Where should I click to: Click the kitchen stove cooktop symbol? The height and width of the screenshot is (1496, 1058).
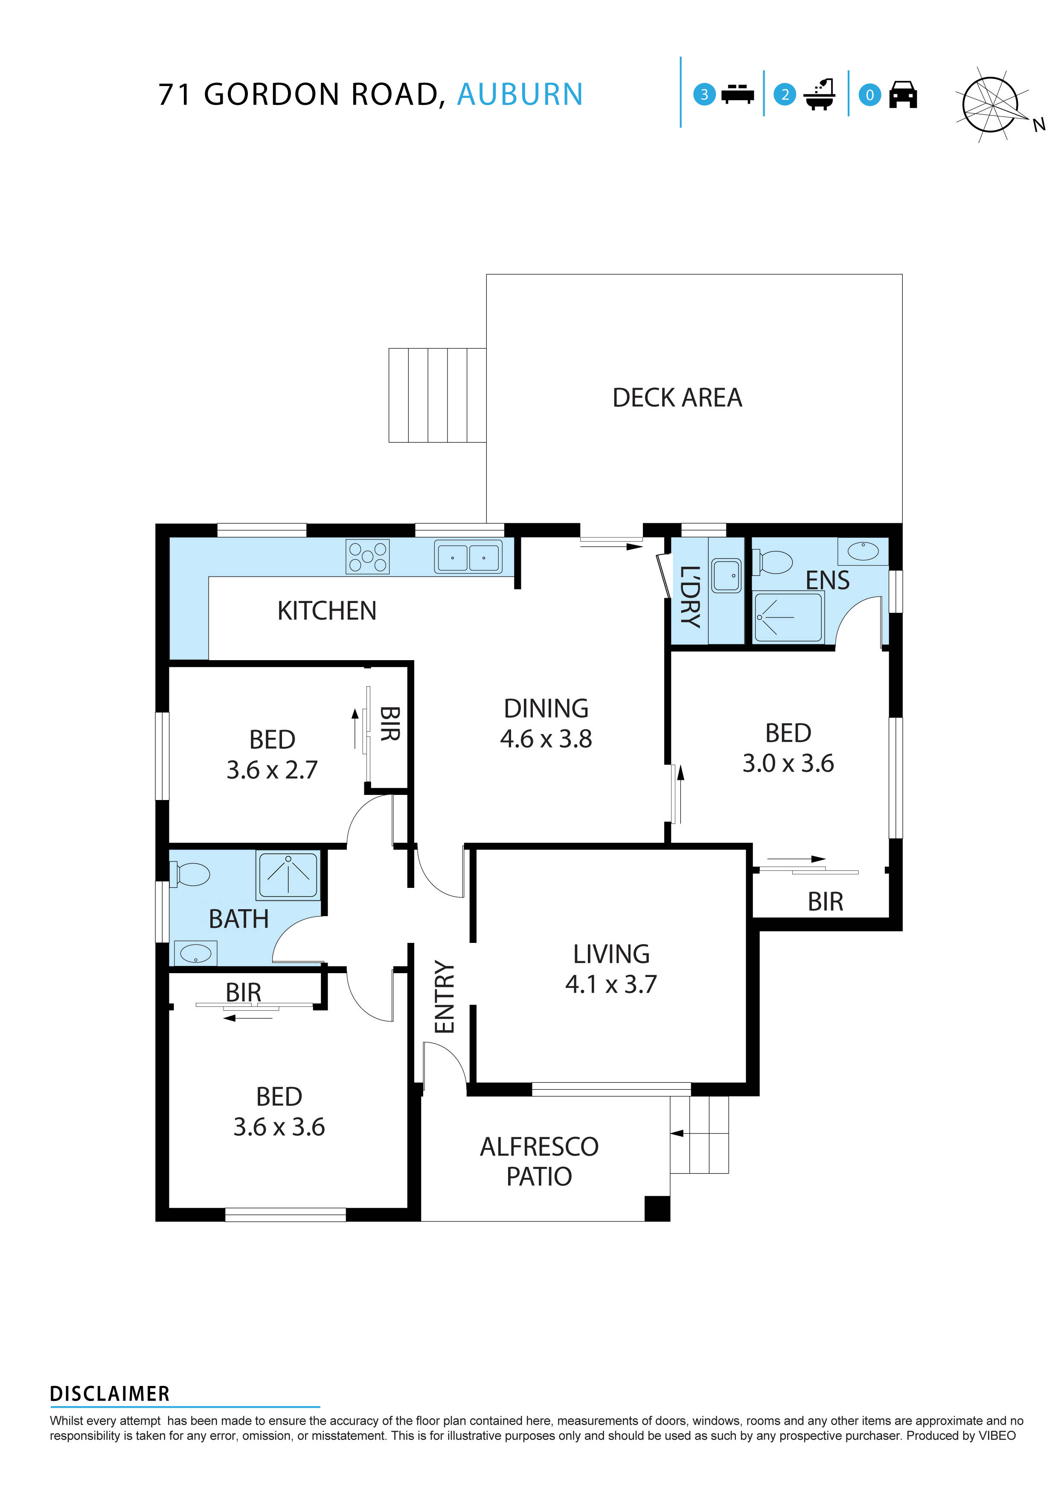367,557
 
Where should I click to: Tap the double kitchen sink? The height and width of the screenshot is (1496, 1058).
468,557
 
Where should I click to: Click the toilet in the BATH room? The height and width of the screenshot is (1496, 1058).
190,874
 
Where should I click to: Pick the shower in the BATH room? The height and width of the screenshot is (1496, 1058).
288,874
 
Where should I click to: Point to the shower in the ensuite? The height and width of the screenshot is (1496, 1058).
788,616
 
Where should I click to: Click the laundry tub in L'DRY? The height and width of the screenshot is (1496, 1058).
726,575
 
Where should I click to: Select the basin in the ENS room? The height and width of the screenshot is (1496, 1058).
863,551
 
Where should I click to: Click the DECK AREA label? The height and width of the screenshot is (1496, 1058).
677,397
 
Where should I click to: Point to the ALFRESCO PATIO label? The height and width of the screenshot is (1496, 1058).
539,1161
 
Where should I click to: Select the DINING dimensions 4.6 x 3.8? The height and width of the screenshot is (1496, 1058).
546,738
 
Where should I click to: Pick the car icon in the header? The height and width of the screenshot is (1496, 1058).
903,95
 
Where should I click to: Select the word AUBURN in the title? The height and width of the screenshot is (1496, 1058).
520,95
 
